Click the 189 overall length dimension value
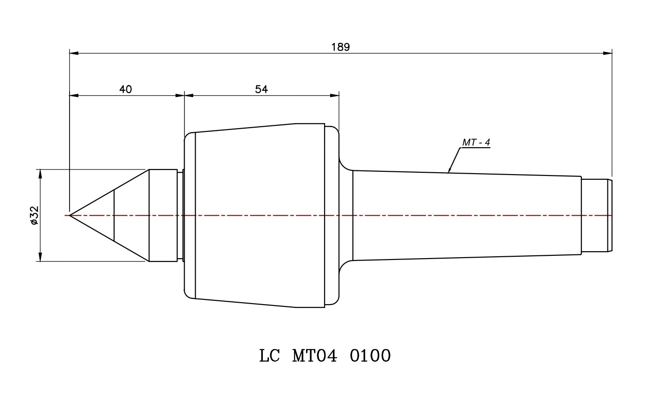tap(340, 47)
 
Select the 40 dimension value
tap(126, 89)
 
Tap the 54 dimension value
tap(262, 89)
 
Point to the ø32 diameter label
tap(34, 215)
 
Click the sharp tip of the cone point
tap(70, 215)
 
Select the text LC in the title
tap(269, 356)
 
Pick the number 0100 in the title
tap(371, 356)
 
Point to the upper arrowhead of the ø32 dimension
tap(40, 174)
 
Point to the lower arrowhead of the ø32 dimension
tap(40, 257)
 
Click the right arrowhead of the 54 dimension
tap(335, 95)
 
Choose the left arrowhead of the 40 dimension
tap(74, 95)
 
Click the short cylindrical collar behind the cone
tap(163, 215)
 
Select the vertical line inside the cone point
tap(114, 215)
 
